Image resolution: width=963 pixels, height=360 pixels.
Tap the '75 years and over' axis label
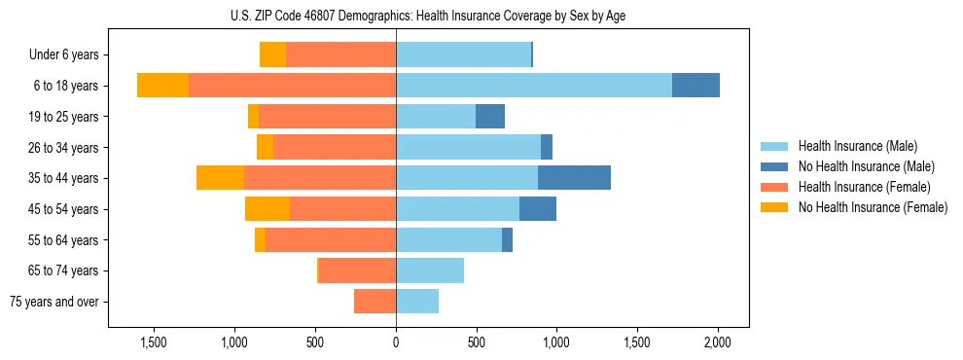pyautogui.click(x=54, y=302)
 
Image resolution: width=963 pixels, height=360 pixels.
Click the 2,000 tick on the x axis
pyautogui.click(x=718, y=342)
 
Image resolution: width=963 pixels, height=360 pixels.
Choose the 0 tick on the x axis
pyautogui.click(x=396, y=342)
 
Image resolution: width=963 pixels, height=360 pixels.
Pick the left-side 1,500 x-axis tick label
pyautogui.click(x=154, y=342)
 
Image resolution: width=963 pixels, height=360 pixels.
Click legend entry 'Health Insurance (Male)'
pyautogui.click(x=857, y=147)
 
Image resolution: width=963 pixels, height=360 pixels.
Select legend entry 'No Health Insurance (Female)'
pyautogui.click(x=873, y=207)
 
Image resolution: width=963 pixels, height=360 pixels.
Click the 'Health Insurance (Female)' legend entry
pyautogui.click(x=864, y=187)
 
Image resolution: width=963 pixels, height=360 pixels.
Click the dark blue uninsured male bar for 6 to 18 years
pyautogui.click(x=695, y=86)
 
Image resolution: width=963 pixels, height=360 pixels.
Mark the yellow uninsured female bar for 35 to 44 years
pyautogui.click(x=220, y=178)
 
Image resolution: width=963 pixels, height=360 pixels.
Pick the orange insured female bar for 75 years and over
pyautogui.click(x=374, y=302)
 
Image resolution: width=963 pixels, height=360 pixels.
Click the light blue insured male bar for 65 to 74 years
pyautogui.click(x=430, y=270)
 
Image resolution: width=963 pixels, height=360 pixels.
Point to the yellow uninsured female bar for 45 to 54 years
pyautogui.click(x=267, y=209)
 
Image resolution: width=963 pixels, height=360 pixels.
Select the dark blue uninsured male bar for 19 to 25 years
pyautogui.click(x=490, y=117)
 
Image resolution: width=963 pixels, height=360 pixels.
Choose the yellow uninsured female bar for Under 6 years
pyautogui.click(x=272, y=55)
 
